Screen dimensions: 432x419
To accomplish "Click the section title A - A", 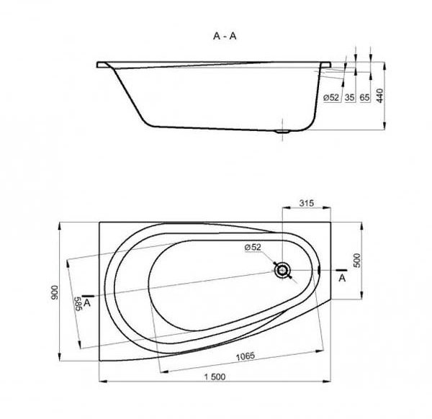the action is click(225, 36).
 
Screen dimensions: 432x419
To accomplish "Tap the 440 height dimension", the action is click(379, 96).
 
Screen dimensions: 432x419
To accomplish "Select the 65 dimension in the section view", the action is click(364, 97).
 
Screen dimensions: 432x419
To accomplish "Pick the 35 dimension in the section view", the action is click(350, 97).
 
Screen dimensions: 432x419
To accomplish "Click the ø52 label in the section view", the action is click(331, 97).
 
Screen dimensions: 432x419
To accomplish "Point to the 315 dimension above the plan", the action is click(307, 203).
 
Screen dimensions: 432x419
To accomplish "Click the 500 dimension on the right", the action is click(356, 261).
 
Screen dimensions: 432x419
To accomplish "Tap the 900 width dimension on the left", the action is click(55, 292).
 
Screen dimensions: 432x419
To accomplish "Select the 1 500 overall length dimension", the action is click(215, 377).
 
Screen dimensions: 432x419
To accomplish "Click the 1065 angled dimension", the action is click(246, 356).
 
